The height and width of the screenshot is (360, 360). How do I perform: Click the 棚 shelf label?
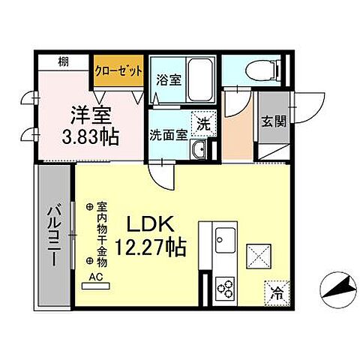tap(64, 61)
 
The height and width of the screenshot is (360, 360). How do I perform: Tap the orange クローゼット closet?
tap(118, 70)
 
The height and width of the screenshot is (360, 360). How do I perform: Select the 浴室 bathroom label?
tap(169, 79)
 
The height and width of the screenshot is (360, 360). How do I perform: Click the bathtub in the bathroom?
tap(201, 79)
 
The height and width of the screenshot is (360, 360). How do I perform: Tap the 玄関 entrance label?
tap(274, 122)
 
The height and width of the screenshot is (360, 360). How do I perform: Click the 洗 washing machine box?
tap(203, 124)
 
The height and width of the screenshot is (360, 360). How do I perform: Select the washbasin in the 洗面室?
tap(199, 149)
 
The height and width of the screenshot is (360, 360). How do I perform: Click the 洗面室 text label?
tap(169, 135)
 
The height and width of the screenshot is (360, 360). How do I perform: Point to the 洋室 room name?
tap(91, 115)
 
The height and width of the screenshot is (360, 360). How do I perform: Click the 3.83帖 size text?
tap(90, 137)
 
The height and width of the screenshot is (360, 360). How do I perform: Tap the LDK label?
tap(151, 224)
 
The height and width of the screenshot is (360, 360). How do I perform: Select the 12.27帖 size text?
tap(151, 247)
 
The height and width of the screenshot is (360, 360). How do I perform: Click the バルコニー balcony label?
tap(54, 235)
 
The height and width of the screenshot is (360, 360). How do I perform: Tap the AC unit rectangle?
tap(96, 286)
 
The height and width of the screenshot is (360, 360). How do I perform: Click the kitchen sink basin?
tap(225, 240)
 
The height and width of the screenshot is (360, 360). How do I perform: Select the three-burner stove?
tap(225, 288)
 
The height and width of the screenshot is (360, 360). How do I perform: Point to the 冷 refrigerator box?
tap(277, 293)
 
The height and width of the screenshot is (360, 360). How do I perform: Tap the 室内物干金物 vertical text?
tap(102, 234)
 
